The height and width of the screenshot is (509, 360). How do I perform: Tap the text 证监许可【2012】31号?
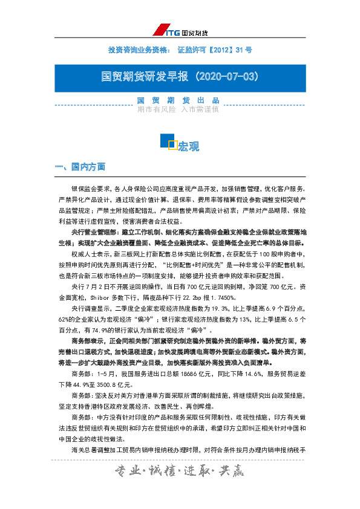tap(215, 49)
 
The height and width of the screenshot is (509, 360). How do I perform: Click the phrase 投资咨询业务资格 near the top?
tap(134, 49)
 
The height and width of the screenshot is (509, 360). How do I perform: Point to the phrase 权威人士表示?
tap(91, 254)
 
